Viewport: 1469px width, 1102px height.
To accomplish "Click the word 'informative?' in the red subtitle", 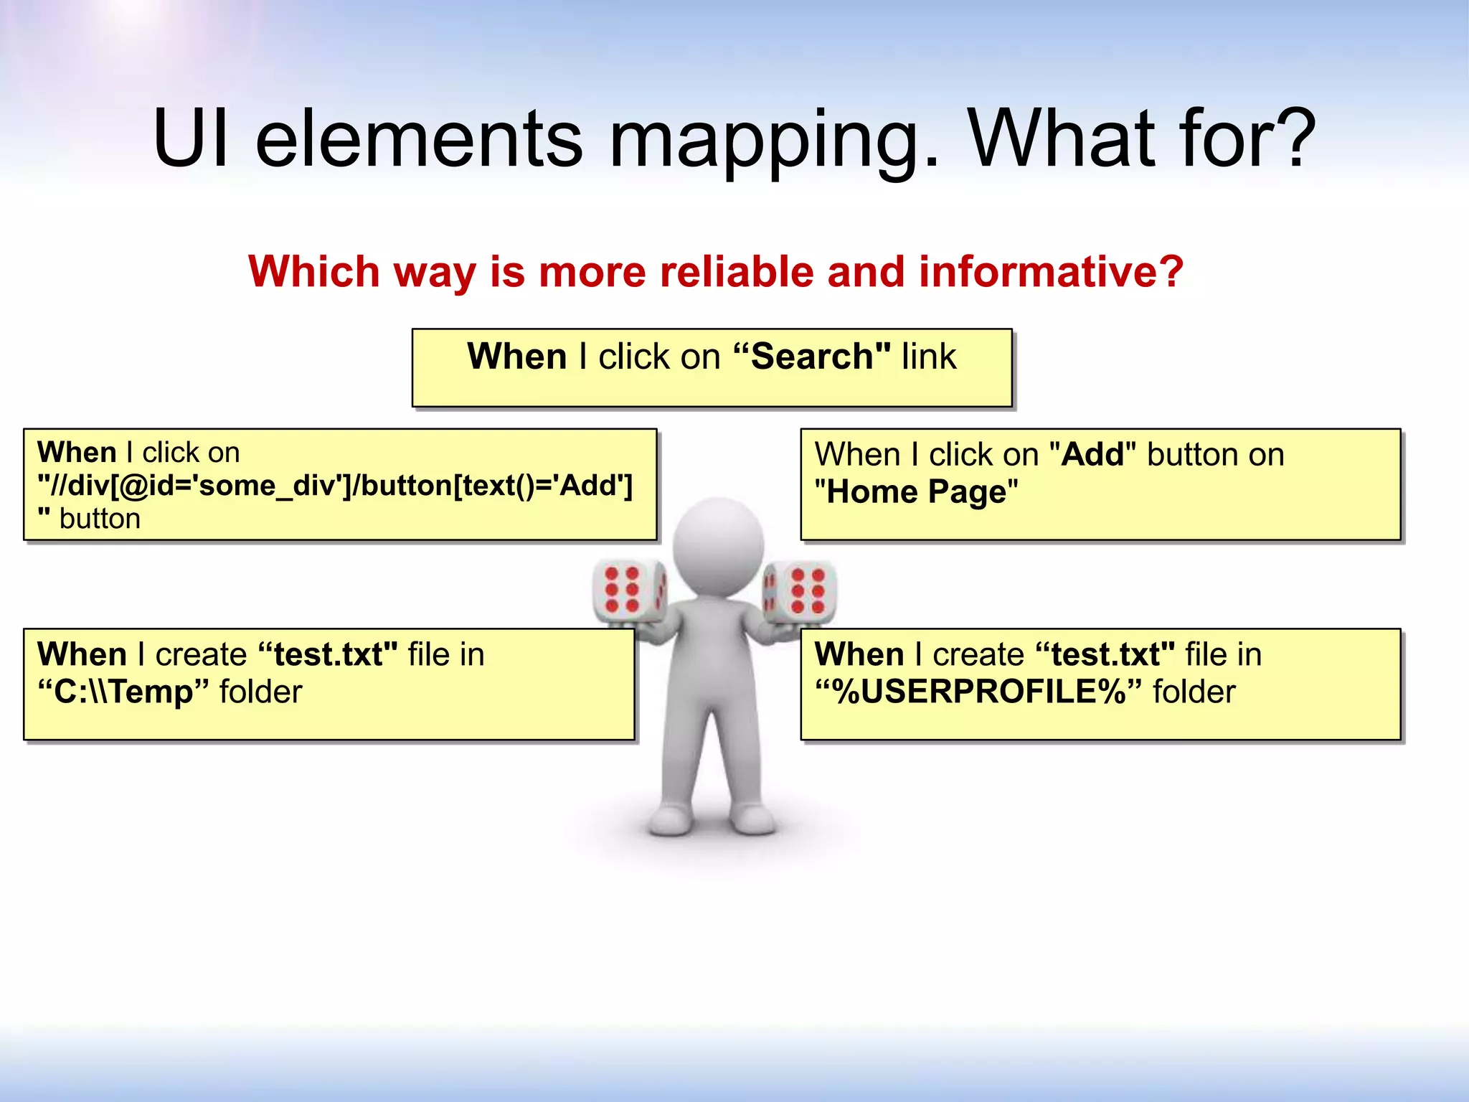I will [1051, 272].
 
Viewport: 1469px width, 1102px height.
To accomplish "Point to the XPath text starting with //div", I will [336, 486].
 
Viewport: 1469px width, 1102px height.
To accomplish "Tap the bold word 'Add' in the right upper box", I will [1093, 455].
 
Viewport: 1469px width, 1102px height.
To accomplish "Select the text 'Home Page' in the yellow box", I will [917, 492].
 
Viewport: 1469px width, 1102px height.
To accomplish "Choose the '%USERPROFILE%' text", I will [978, 692].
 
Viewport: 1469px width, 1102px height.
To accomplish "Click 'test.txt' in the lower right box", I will [1105, 654].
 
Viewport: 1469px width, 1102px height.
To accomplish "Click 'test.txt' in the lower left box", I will [327, 654].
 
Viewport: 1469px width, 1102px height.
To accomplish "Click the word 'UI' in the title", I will [190, 138].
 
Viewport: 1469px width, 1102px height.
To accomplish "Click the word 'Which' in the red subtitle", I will [313, 272].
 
